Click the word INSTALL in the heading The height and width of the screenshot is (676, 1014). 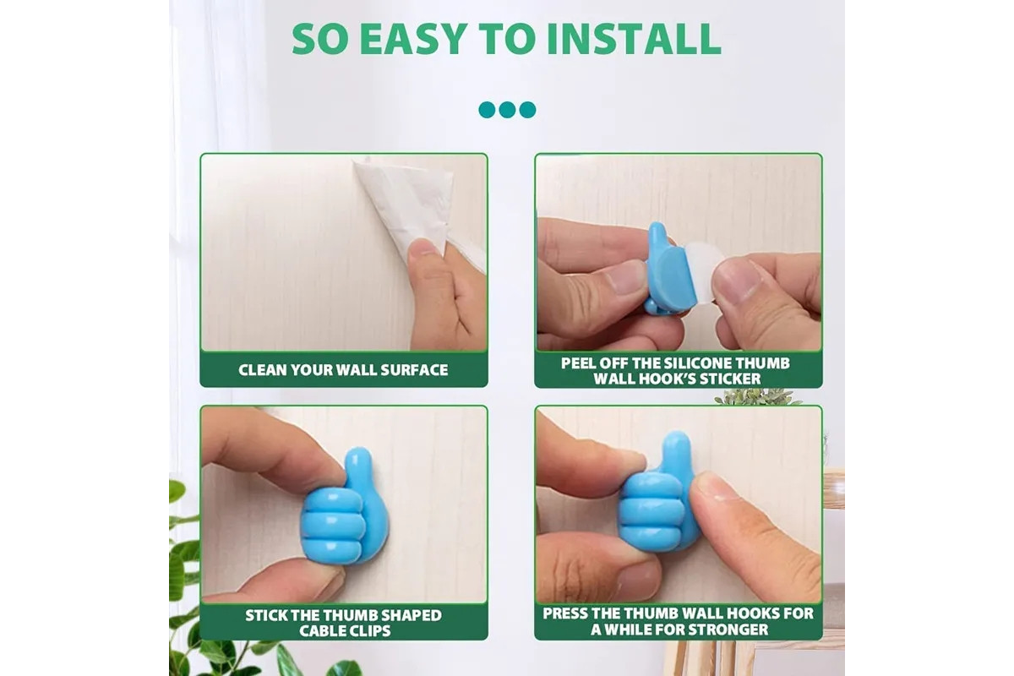point(634,39)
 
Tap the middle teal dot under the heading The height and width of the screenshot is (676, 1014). point(507,110)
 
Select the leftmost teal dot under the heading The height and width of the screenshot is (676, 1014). point(487,110)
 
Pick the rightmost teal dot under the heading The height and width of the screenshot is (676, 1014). point(527,110)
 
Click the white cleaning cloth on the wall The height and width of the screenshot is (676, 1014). point(407,204)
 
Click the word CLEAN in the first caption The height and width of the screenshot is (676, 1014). point(262,370)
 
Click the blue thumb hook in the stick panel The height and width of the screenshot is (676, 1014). point(345,508)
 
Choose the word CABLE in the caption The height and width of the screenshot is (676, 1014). point(319,631)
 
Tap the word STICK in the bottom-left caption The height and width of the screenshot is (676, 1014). point(266,615)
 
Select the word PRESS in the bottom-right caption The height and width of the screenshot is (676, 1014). point(565,613)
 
